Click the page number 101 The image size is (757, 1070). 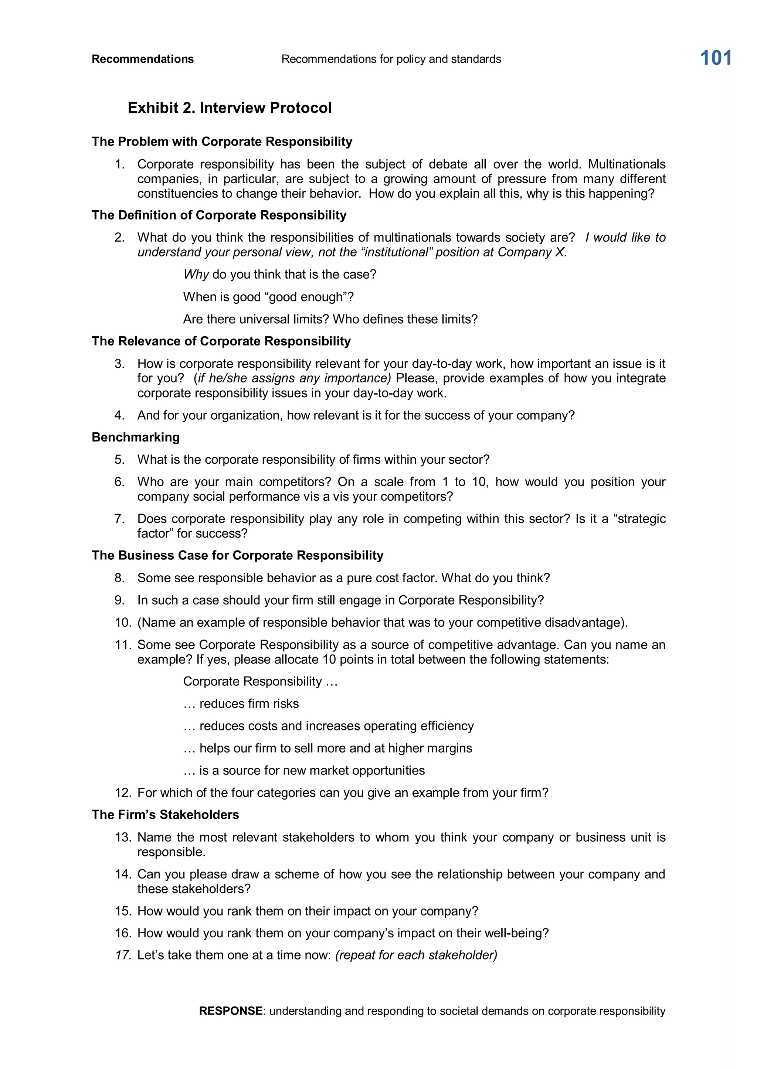click(716, 58)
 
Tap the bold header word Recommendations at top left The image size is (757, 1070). click(143, 59)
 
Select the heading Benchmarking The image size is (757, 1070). click(136, 437)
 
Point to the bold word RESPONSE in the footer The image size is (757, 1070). click(231, 1011)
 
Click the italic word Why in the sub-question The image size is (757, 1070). click(196, 275)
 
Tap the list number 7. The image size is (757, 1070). click(119, 519)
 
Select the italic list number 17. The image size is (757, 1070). click(123, 955)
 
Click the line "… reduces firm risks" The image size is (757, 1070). click(241, 704)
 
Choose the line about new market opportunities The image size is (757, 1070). click(304, 770)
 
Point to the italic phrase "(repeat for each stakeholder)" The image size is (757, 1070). click(416, 955)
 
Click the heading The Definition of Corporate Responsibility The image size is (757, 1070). click(219, 215)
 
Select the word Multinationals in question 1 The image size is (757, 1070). click(627, 164)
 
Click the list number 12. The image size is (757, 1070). click(123, 793)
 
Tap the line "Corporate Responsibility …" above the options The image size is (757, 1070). click(260, 681)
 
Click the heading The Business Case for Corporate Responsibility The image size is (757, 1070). click(237, 555)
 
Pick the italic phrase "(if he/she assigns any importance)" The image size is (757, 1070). click(292, 378)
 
